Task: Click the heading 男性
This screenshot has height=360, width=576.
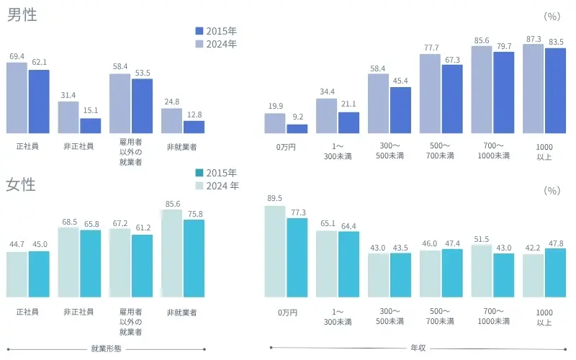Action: pyautogui.click(x=22, y=14)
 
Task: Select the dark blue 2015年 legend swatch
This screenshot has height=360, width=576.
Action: pyautogui.click(x=200, y=31)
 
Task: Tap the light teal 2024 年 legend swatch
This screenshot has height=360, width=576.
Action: pyautogui.click(x=200, y=186)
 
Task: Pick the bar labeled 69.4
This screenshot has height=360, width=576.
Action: pyautogui.click(x=17, y=98)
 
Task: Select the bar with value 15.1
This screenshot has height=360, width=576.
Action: pyautogui.click(x=91, y=126)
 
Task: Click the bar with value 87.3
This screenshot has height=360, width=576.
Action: pyautogui.click(x=534, y=89)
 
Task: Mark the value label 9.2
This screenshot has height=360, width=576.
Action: pyautogui.click(x=297, y=117)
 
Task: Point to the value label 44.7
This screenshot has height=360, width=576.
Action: pyautogui.click(x=17, y=245)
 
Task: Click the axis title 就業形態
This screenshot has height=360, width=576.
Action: pyautogui.click(x=106, y=348)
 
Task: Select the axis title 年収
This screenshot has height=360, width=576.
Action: pyautogui.click(x=418, y=348)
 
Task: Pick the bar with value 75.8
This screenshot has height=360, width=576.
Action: pyautogui.click(x=194, y=258)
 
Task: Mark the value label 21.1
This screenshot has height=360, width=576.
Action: pyautogui.click(x=348, y=105)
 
